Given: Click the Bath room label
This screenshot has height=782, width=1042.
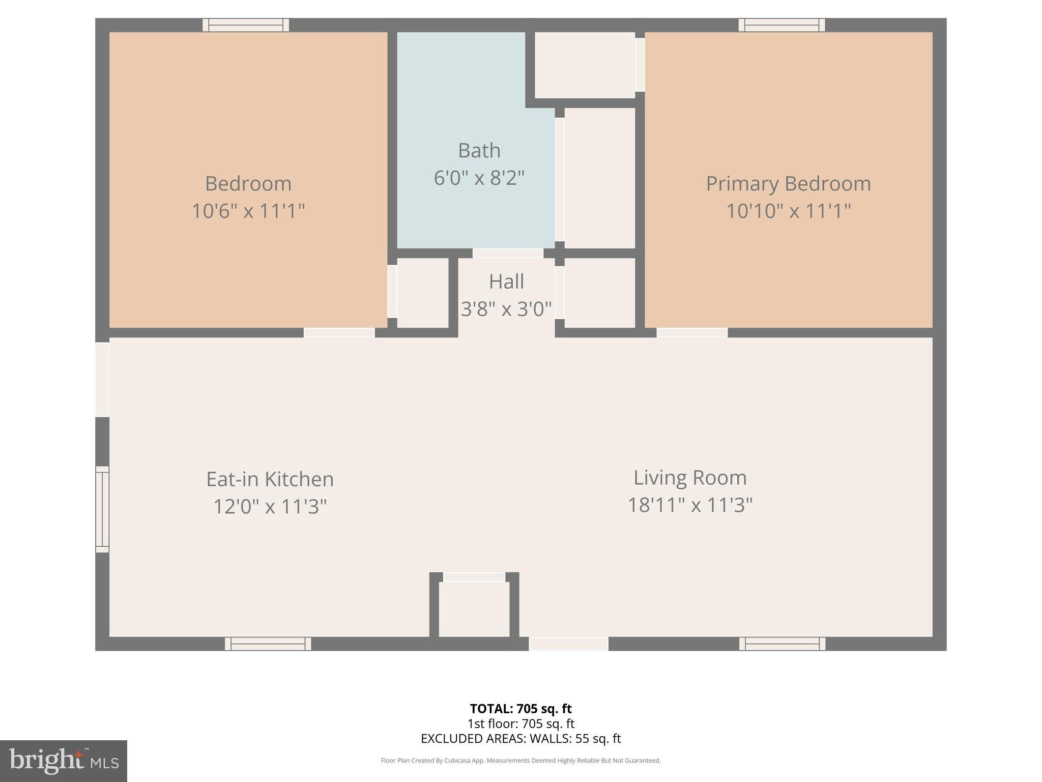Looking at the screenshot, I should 479,151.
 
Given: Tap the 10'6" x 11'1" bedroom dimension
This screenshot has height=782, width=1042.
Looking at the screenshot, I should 248,211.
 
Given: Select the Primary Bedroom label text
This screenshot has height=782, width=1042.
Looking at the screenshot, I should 788,184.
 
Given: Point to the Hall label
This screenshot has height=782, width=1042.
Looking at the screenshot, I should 506,282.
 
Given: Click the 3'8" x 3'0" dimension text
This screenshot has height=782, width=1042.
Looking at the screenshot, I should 506,309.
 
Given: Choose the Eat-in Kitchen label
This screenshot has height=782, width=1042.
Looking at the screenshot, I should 270,479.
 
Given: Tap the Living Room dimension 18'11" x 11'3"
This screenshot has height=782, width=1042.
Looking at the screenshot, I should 690,505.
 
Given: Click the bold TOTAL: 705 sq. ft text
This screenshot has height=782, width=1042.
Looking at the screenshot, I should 520,709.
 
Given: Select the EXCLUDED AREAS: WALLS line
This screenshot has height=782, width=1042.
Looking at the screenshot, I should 520,739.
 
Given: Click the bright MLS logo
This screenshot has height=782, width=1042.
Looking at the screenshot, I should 63,761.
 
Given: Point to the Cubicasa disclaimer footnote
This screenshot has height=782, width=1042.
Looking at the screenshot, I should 520,761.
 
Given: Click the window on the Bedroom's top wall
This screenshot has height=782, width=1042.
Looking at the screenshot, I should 246,25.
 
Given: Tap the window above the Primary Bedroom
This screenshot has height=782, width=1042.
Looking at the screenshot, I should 781,25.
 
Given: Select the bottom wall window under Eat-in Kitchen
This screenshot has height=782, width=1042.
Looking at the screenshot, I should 268,644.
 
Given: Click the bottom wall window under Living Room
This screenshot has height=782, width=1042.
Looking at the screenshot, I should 782,644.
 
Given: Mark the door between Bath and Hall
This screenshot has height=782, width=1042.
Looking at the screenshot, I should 508,253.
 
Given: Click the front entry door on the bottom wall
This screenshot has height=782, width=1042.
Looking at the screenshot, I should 568,644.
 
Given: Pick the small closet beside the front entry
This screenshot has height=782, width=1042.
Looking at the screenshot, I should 474,609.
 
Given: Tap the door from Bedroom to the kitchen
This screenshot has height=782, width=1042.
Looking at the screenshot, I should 339,332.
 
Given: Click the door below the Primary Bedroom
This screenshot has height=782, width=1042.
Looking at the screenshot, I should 692,332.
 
